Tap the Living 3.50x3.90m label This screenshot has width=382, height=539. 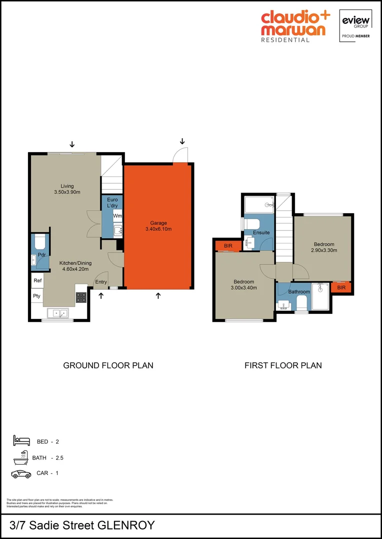(67, 189)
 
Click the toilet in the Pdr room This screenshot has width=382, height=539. (40, 244)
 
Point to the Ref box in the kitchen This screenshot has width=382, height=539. (37, 281)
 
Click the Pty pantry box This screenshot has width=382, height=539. (37, 296)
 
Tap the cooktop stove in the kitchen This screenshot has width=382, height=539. (81, 297)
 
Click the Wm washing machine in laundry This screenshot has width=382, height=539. (117, 216)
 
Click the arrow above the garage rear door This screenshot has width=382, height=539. (182, 141)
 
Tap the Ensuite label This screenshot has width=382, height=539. (261, 233)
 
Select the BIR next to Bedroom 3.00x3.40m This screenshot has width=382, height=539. (228, 246)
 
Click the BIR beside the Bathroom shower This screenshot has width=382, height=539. (341, 288)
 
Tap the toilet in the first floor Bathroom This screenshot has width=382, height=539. (301, 303)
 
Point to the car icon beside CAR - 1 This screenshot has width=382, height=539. (21, 474)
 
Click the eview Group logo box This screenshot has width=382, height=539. (355, 25)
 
